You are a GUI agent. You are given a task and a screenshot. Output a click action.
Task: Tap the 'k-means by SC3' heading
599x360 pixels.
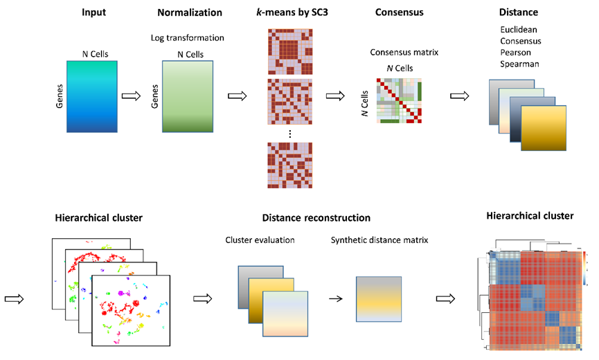pos(288,13)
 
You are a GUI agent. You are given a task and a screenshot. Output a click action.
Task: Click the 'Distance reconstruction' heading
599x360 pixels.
pos(316,217)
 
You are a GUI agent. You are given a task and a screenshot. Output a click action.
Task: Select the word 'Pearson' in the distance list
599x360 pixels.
pos(517,53)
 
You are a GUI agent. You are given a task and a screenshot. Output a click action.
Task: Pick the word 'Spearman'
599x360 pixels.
pos(520,64)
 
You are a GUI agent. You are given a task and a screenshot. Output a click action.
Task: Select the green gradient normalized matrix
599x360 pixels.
pos(190,96)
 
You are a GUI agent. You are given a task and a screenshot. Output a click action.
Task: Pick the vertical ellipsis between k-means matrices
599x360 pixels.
pos(288,132)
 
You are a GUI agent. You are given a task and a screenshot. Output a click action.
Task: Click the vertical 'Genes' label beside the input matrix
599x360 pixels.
pos(59,97)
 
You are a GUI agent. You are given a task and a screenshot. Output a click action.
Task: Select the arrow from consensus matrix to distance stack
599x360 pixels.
pos(459,96)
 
